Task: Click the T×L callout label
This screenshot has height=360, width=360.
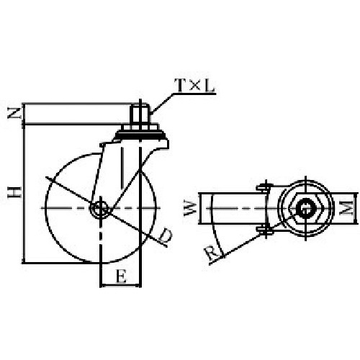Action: point(194,86)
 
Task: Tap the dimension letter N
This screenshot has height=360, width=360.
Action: point(14,113)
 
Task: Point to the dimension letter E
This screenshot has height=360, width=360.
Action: point(121,276)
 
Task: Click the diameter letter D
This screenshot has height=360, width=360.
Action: point(166,235)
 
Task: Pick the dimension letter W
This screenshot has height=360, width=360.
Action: point(190,208)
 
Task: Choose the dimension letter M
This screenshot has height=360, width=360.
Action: point(346,208)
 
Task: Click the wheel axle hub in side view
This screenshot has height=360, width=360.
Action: point(100,208)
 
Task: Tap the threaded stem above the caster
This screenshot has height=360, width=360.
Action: point(140,114)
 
